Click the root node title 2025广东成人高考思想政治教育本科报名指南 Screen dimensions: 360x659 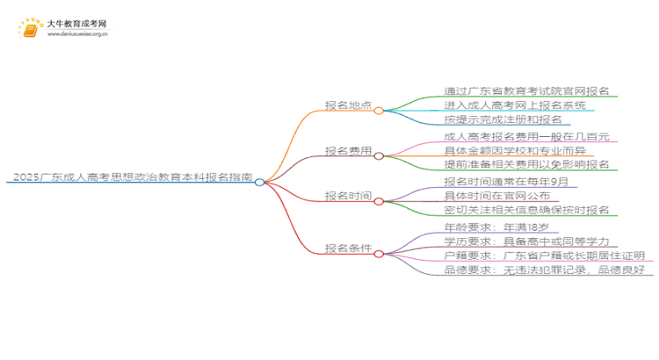[x=130, y=176]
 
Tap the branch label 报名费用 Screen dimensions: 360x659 [x=349, y=150]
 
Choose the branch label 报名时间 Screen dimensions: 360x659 [x=349, y=196]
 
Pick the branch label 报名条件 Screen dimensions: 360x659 [x=349, y=248]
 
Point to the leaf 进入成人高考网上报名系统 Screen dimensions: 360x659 [x=515, y=105]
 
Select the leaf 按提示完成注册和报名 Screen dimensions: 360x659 [x=503, y=119]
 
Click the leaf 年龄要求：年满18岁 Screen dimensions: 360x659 [x=497, y=227]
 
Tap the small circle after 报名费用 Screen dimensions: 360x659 [x=379, y=156]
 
